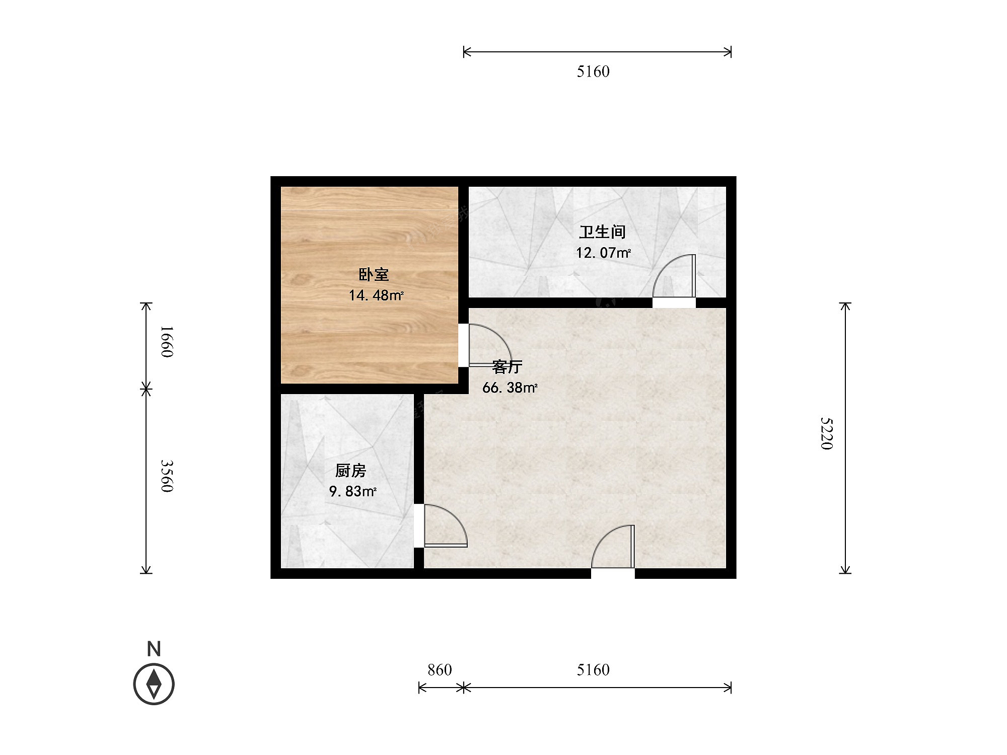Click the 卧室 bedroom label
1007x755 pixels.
pyautogui.click(x=374, y=275)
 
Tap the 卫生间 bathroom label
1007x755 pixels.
pyautogui.click(x=602, y=232)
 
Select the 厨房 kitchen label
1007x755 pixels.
pyautogui.click(x=350, y=471)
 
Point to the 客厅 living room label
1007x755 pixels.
pyautogui.click(x=507, y=367)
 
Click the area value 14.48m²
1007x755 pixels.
pyautogui.click(x=376, y=295)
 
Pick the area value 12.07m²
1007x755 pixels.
pyautogui.click(x=603, y=252)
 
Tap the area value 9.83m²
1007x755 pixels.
pyautogui.click(x=352, y=491)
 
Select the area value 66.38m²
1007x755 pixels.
pyautogui.click(x=510, y=388)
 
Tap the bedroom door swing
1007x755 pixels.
pyautogui.click(x=489, y=345)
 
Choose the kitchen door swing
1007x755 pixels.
pyautogui.click(x=446, y=525)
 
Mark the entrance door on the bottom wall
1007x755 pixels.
pyautogui.click(x=613, y=547)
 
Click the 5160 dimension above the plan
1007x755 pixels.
pyautogui.click(x=593, y=71)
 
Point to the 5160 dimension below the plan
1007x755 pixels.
pyautogui.click(x=593, y=670)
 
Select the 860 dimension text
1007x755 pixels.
pyautogui.click(x=440, y=670)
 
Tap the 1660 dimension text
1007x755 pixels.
pyautogui.click(x=167, y=342)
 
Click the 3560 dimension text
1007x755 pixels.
pyautogui.click(x=167, y=476)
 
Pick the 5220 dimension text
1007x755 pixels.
pyautogui.click(x=827, y=433)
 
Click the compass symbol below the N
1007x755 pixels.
pyautogui.click(x=154, y=685)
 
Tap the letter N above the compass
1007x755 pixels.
pyautogui.click(x=154, y=649)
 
